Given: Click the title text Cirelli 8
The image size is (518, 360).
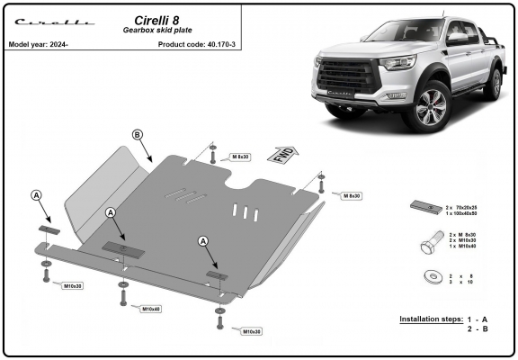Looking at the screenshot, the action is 156,21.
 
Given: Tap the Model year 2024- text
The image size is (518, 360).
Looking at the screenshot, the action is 39,44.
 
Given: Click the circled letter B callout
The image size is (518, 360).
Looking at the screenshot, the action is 138,134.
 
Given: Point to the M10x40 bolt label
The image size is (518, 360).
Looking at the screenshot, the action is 151,309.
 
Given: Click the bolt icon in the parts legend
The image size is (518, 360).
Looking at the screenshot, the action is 432,242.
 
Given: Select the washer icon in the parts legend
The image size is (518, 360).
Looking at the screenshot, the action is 433,276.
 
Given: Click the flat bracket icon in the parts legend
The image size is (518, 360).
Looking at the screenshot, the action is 426,207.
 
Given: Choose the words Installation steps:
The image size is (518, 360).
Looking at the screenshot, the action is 431,319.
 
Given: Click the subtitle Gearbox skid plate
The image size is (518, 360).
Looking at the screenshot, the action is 157,30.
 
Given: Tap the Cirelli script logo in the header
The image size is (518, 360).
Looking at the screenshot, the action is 55,22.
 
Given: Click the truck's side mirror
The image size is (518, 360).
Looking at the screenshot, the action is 457,38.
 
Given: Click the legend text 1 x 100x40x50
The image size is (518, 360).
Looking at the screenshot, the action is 461,213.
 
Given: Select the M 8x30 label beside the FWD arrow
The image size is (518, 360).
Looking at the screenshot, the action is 240,157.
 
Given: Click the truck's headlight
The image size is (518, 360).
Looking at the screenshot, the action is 397,62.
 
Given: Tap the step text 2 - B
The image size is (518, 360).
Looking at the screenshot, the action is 478,328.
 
